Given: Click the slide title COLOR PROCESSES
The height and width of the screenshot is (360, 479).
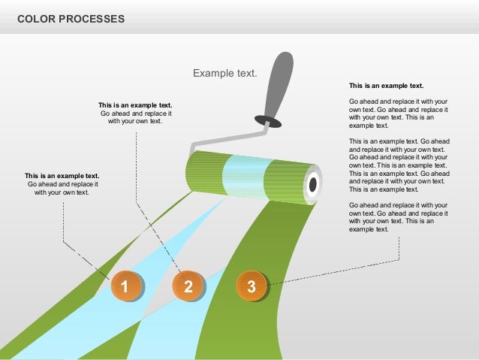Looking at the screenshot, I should click(x=71, y=18).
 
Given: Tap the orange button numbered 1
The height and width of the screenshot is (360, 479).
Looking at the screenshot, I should click(x=125, y=286).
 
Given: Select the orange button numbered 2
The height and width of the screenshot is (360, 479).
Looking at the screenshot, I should click(x=188, y=286).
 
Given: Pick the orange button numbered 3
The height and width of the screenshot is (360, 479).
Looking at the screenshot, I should click(x=252, y=286).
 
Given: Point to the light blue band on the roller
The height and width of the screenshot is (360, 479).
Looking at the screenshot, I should click(x=243, y=175).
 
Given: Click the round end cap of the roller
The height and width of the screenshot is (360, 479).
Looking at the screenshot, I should click(x=312, y=184).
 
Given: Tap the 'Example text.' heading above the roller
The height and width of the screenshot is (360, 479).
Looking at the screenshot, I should click(x=225, y=74).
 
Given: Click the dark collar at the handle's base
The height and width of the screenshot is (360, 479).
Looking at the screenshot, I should click(x=267, y=119).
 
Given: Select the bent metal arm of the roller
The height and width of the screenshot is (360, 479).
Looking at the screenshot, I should click(x=225, y=135).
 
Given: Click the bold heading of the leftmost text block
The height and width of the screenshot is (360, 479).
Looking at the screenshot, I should click(x=62, y=176).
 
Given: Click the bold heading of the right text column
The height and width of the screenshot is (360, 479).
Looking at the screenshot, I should click(x=386, y=86).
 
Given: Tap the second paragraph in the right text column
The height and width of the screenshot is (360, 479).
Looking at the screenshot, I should click(x=399, y=165).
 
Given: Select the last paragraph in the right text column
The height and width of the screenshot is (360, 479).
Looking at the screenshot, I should click(x=399, y=216).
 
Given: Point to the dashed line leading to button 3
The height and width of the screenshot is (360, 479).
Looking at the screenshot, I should click(x=338, y=272).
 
